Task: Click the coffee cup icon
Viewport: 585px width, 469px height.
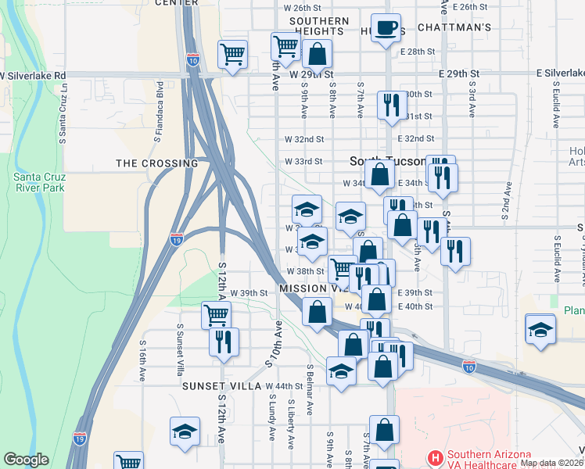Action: click(x=386, y=29)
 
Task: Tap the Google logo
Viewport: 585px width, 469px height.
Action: click(x=27, y=460)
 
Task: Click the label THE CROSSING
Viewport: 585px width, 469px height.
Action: click(x=156, y=163)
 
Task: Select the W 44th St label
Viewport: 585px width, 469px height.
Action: click(x=284, y=386)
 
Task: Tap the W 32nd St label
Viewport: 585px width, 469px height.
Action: click(x=304, y=139)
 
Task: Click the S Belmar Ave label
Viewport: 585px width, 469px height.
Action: click(x=310, y=389)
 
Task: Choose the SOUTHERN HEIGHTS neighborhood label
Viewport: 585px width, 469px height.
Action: click(x=319, y=26)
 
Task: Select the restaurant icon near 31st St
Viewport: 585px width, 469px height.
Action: click(x=391, y=105)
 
